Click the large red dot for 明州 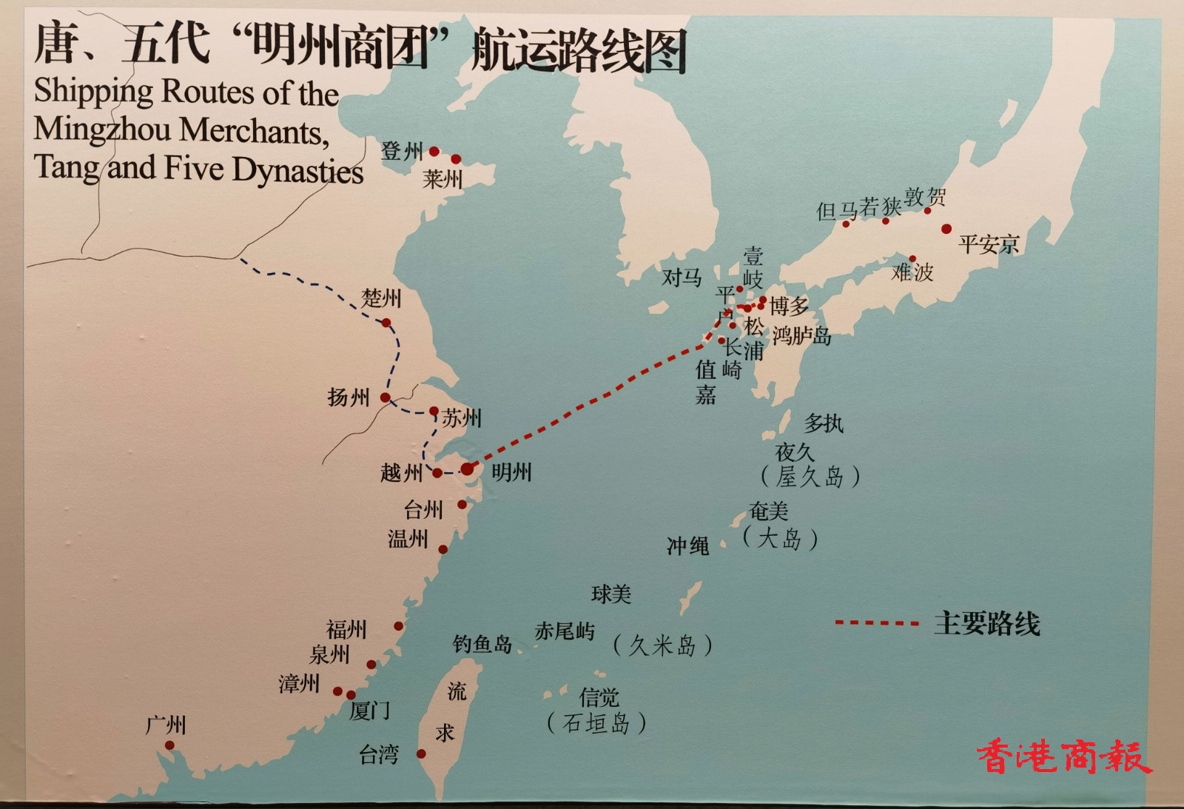tap(467, 469)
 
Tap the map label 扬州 tap(348, 397)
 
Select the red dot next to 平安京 tap(946, 229)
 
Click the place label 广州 tap(166, 725)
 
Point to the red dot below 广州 tap(169, 745)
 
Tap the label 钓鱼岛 tap(482, 644)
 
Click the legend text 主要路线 tap(986, 623)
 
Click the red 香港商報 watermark tap(1063, 756)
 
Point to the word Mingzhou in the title tap(103, 130)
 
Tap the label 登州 tap(402, 152)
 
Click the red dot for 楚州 tap(386, 323)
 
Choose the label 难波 tap(912, 272)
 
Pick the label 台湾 tap(379, 754)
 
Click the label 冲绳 tap(687, 546)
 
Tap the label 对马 tap(682, 278)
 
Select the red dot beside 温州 tap(443, 549)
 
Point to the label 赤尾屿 tap(564, 631)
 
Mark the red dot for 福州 tap(398, 626)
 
